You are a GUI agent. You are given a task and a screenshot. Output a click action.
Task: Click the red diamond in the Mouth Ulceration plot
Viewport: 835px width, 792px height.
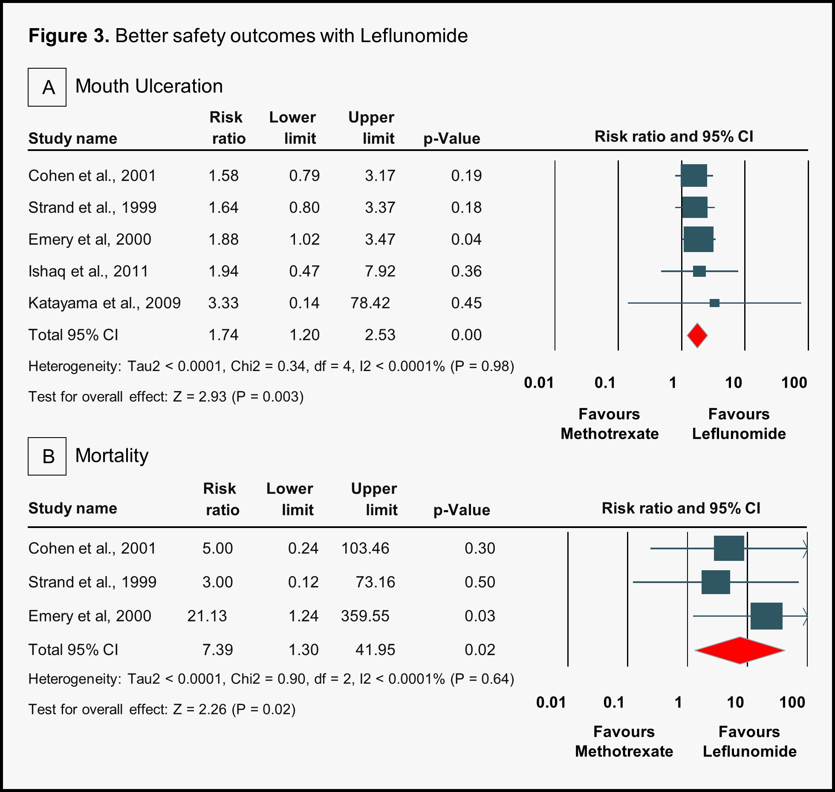697,336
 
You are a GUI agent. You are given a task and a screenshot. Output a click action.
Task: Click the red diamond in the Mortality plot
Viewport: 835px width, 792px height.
740,650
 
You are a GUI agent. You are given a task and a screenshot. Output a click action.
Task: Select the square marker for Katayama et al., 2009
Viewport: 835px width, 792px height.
715,303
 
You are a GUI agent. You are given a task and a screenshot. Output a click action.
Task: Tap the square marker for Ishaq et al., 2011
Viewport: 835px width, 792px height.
699,271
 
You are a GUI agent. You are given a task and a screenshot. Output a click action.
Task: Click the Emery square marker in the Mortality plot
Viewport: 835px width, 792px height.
766,616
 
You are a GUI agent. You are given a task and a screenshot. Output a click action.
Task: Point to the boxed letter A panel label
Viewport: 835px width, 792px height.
47,87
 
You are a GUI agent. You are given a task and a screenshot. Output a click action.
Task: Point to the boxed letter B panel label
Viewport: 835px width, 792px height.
47,456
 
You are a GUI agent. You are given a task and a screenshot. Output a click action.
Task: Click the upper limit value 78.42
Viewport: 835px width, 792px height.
370,303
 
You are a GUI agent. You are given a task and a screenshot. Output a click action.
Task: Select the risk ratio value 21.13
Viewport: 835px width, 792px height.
207,616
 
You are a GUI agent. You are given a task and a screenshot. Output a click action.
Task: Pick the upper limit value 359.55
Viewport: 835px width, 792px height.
365,616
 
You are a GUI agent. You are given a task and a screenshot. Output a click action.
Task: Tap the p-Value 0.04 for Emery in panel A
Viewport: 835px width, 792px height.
466,239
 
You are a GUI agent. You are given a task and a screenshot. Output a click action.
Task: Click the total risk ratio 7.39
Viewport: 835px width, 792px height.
217,650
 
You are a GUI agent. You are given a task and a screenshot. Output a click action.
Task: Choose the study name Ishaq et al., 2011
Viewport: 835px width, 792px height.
88,271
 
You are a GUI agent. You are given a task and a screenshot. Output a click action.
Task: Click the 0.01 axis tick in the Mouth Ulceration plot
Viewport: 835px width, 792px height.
539,383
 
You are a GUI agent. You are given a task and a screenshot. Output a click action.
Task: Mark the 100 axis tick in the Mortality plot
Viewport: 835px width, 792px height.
792,702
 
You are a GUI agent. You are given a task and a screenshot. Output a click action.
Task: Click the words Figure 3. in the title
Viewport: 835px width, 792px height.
69,36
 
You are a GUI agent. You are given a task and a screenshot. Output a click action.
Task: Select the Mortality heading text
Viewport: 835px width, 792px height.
112,455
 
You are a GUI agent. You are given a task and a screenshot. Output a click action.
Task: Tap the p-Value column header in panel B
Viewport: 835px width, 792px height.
462,510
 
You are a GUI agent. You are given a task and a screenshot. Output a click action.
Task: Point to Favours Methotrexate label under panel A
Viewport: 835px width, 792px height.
610,424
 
